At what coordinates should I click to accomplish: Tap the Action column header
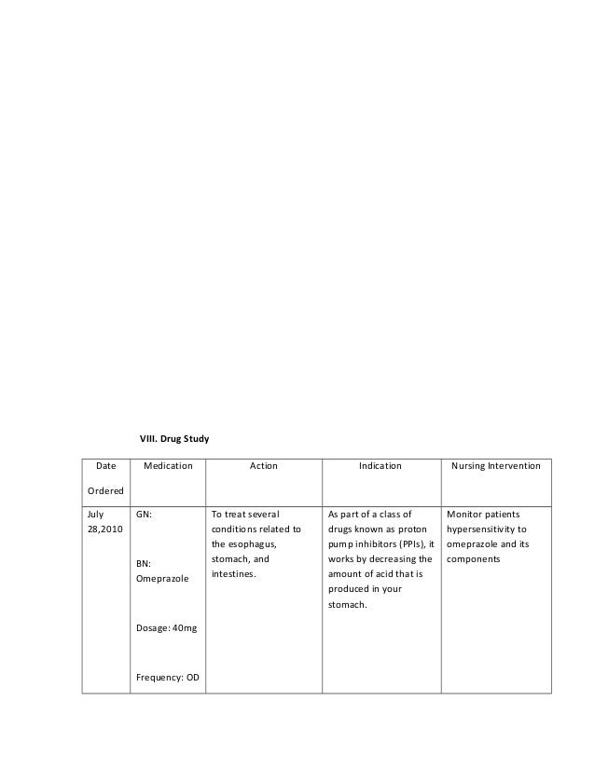(263, 465)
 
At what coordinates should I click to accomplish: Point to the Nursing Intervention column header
(495, 465)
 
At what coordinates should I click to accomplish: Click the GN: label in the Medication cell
(145, 514)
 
